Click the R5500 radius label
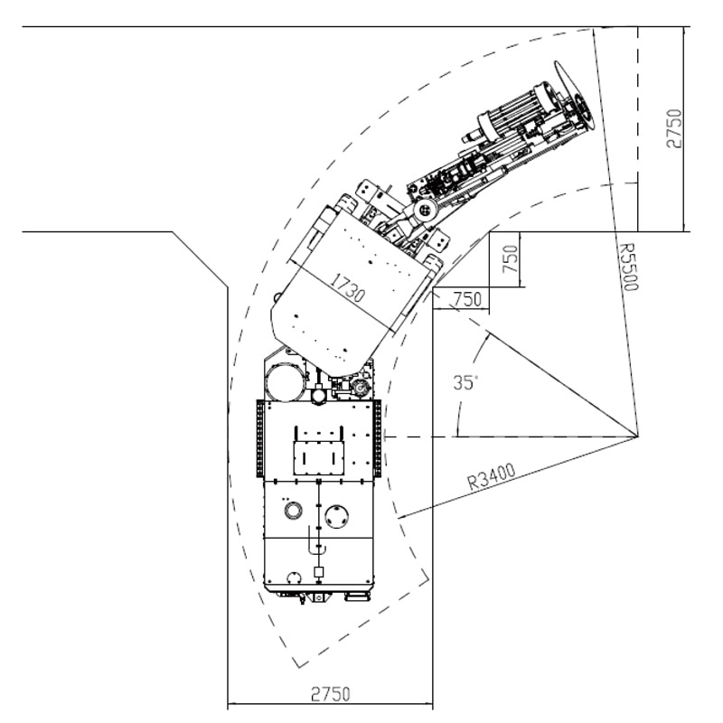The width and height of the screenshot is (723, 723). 628,268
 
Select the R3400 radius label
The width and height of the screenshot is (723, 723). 491,477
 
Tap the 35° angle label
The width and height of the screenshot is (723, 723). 465,382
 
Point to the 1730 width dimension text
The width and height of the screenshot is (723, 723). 348,287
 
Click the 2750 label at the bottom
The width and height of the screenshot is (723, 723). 331,694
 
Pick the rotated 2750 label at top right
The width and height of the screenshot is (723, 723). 673,128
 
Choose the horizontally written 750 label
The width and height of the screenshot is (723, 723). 467,300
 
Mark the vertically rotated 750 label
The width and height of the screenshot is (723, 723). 511,259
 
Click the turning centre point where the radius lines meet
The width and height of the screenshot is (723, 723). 638,437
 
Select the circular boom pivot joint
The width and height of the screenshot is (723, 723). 425,211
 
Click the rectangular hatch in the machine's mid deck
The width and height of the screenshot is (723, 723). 318,458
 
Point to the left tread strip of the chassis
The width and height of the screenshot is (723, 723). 260,438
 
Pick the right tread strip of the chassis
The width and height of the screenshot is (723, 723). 378,438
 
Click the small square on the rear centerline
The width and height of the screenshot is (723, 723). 318,572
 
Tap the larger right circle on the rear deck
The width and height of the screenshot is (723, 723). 337,517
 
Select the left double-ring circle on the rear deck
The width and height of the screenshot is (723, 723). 293,510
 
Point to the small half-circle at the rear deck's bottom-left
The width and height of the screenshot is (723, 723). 294,577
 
